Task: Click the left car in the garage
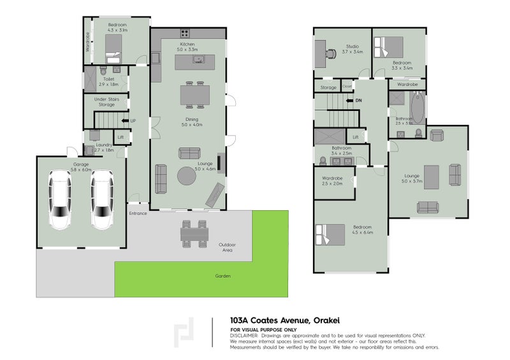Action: click(62, 200)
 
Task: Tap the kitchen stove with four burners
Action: click(184, 34)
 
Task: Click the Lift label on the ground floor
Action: click(119, 137)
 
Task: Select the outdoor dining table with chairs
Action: click(193, 233)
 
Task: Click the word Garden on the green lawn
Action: click(222, 276)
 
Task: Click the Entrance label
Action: click(138, 213)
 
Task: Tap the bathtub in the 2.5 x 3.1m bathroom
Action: click(419, 109)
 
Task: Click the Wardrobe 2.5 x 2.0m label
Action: click(333, 180)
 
